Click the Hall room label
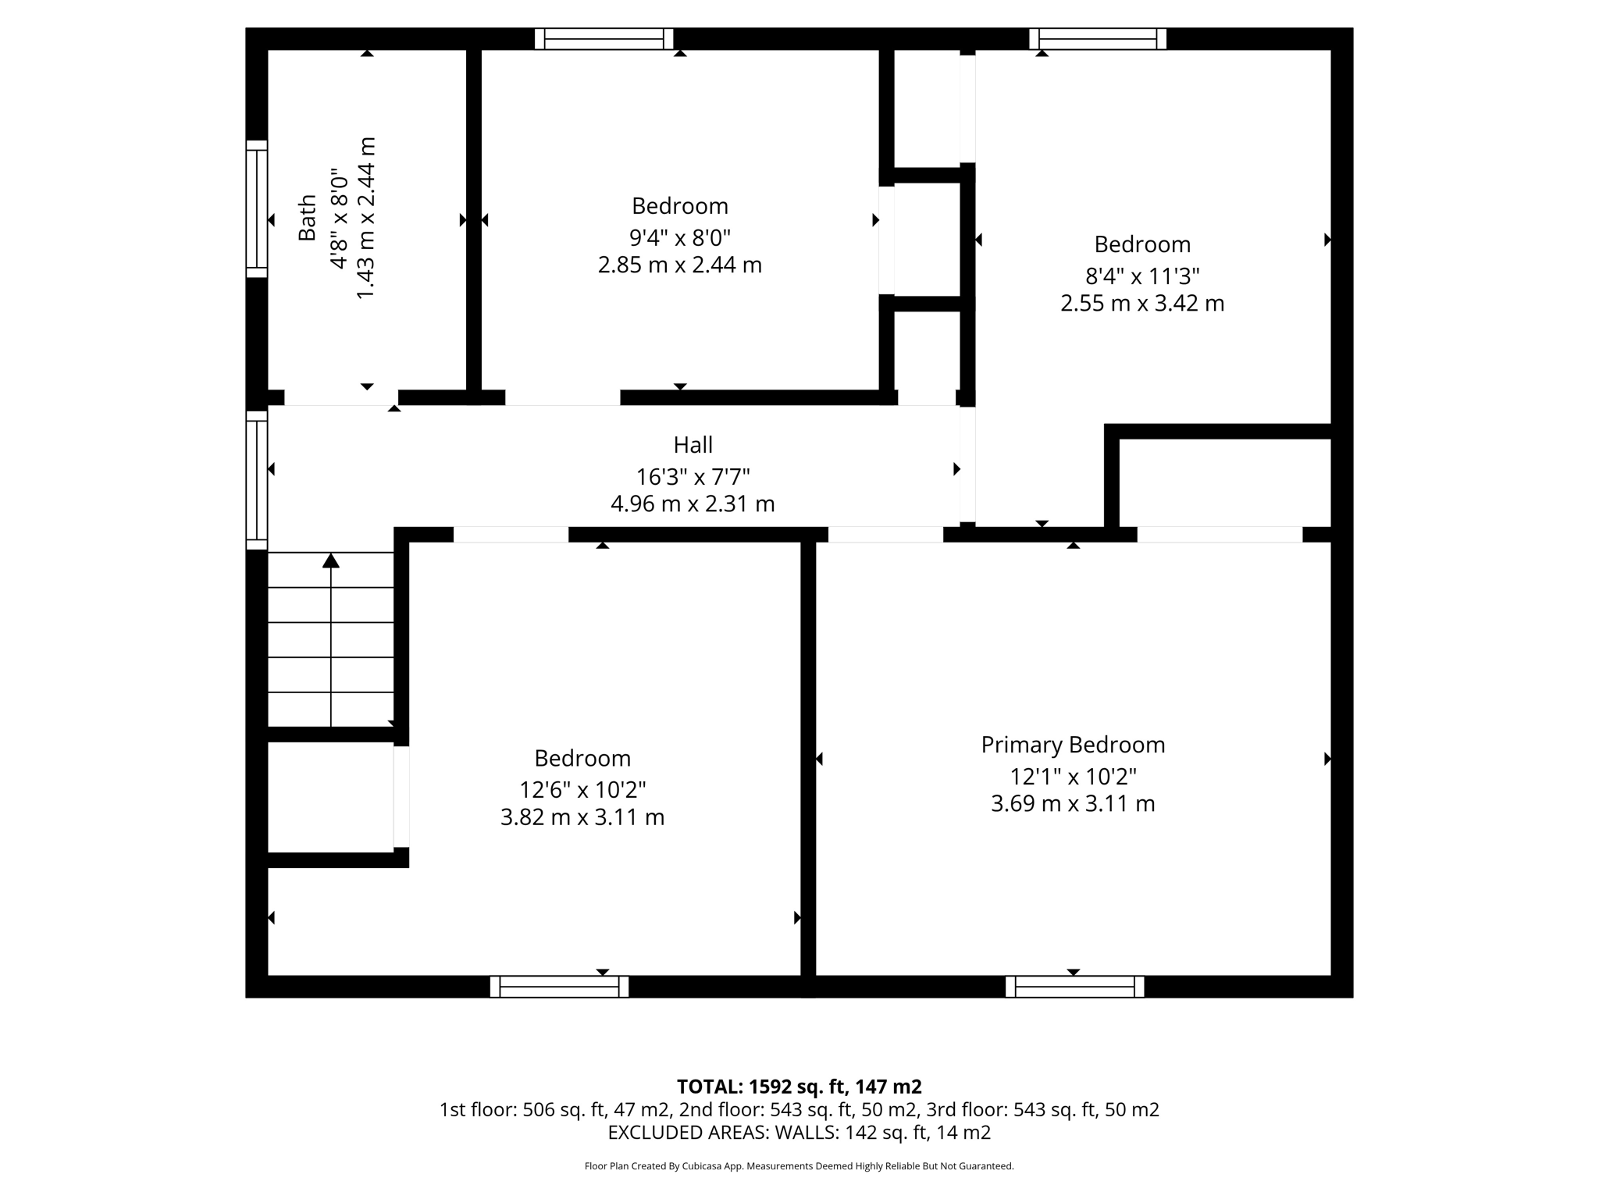coord(693,445)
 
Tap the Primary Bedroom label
coord(1073,745)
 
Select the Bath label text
coord(308,218)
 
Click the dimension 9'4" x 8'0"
coord(679,237)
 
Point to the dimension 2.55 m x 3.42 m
coord(1141,303)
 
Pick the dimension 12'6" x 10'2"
coord(582,790)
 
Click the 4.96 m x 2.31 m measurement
coord(693,504)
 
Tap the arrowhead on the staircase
coord(331,560)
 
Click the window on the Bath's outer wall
coord(257,209)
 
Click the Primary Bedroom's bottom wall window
coord(1074,987)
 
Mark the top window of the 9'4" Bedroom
coord(604,39)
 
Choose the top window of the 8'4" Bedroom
coord(1097,39)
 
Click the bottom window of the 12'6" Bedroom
coord(559,987)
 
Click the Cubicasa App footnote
coord(799,1166)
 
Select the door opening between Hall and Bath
coord(340,397)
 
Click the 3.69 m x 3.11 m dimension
coord(1073,804)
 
